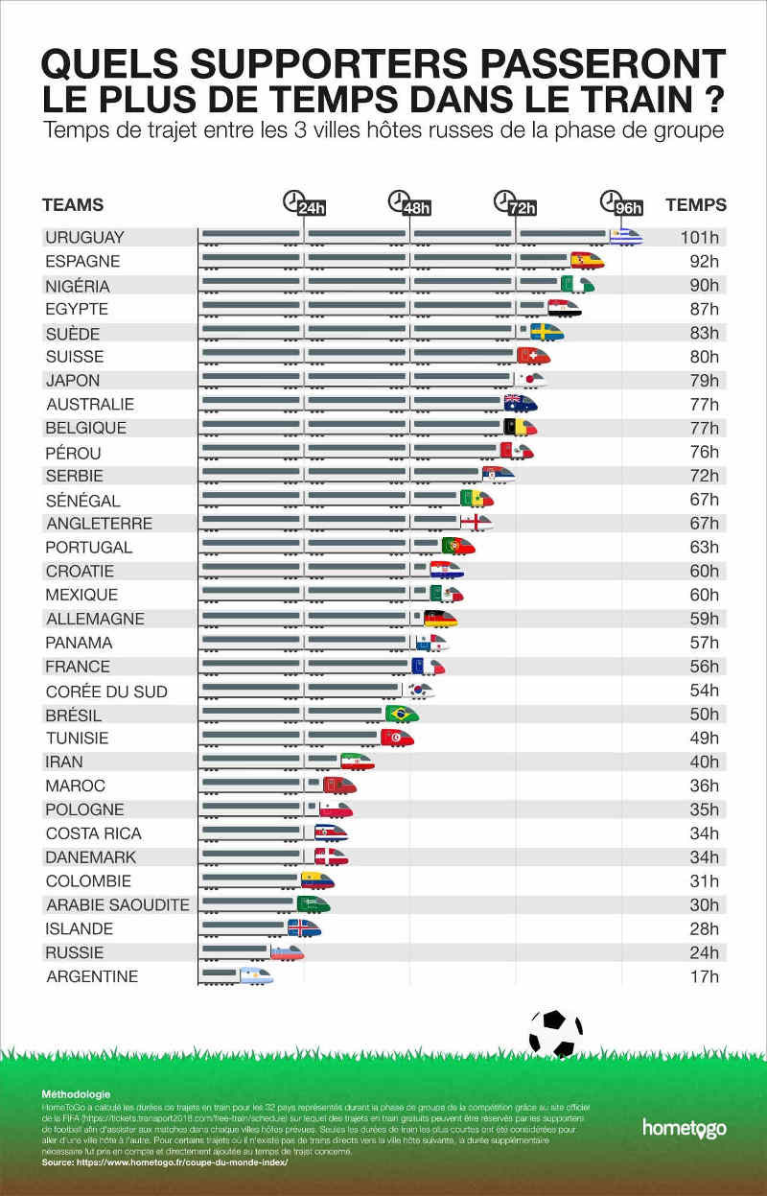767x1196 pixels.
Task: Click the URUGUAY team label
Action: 85,237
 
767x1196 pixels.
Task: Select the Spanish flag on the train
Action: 587,260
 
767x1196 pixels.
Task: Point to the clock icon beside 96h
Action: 609,200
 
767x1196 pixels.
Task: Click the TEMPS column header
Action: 696,204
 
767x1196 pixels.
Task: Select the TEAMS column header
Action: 73,205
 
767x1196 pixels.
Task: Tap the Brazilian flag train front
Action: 402,714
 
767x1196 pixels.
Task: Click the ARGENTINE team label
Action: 92,976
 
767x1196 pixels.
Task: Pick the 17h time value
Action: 704,976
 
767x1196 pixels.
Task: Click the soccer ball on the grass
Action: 555,1033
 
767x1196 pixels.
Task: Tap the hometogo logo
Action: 684,1128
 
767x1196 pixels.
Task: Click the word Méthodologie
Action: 76,1094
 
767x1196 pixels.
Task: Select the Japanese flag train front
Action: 530,380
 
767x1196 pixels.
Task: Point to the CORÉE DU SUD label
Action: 106,692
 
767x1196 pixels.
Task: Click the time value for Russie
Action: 704,952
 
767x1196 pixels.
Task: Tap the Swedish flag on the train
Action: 547,332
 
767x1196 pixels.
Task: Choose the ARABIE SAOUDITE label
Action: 117,904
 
